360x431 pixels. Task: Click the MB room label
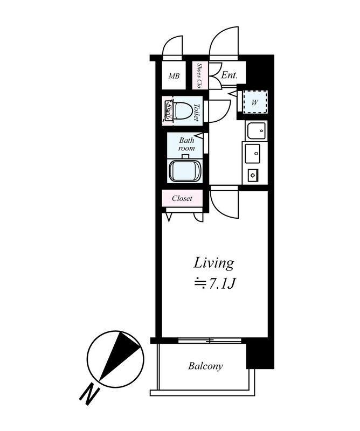tap(174, 76)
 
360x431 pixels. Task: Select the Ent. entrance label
tap(229, 75)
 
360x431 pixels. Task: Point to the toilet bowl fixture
tap(183, 111)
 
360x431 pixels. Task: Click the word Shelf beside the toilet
tap(168, 111)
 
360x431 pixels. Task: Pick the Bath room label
tap(186, 144)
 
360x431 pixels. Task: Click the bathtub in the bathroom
tap(185, 171)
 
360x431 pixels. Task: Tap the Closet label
tap(182, 198)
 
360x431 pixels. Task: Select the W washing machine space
tap(255, 102)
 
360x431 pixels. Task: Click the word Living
tap(214, 263)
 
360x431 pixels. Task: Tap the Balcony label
tap(205, 366)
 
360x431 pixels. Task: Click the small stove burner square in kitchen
tap(252, 175)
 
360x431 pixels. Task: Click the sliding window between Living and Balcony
tap(210, 340)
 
